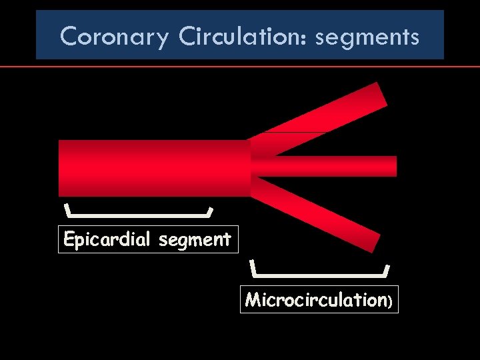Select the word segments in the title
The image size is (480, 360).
click(367, 37)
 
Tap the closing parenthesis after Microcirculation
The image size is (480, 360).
click(391, 301)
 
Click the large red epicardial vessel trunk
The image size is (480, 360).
click(153, 168)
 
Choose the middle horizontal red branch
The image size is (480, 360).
click(327, 166)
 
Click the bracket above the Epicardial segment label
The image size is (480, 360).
click(139, 215)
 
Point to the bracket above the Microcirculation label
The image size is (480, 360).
click(320, 273)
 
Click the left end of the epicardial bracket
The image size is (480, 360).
click(66, 209)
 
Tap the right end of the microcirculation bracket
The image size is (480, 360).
click(387, 268)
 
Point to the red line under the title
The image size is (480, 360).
click(240, 67)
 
